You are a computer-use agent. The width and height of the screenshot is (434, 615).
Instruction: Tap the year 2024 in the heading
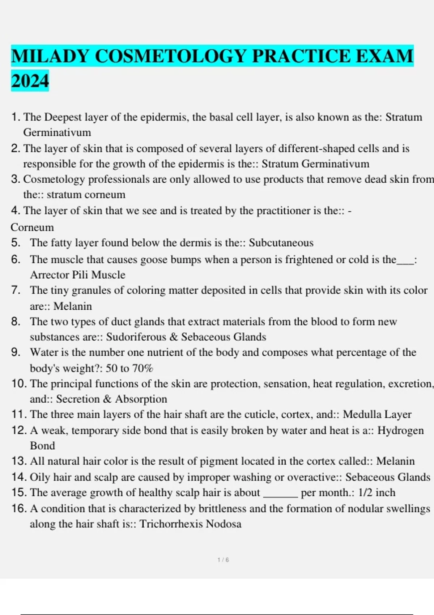[30, 81]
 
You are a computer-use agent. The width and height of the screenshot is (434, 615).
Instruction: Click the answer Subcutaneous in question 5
[281, 243]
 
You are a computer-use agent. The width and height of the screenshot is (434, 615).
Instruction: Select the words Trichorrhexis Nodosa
[190, 524]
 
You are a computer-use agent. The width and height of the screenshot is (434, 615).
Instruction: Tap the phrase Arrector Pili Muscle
[77, 275]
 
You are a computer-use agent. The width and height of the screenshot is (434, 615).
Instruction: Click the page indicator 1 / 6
[223, 560]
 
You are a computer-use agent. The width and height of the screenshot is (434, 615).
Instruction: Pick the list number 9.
[16, 352]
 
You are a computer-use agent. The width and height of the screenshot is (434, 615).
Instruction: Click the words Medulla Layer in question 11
[377, 414]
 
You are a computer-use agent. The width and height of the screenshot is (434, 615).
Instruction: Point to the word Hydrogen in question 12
[400, 430]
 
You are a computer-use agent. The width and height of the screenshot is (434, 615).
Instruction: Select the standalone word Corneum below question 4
[32, 227]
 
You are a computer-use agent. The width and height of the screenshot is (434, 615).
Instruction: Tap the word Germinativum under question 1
[57, 132]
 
